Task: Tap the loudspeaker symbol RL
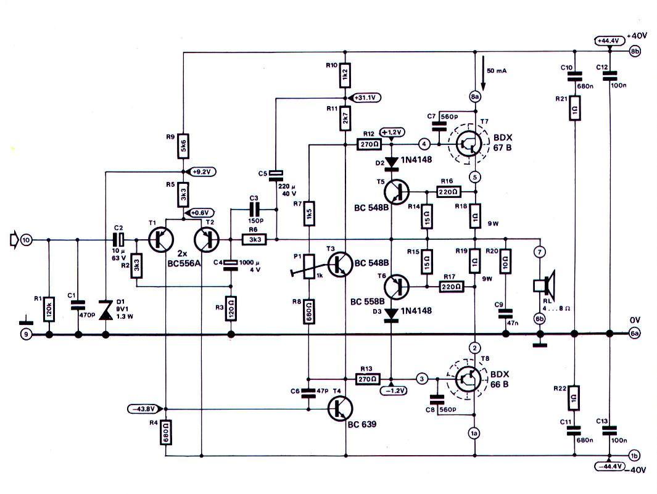pyautogui.click(x=543, y=285)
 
